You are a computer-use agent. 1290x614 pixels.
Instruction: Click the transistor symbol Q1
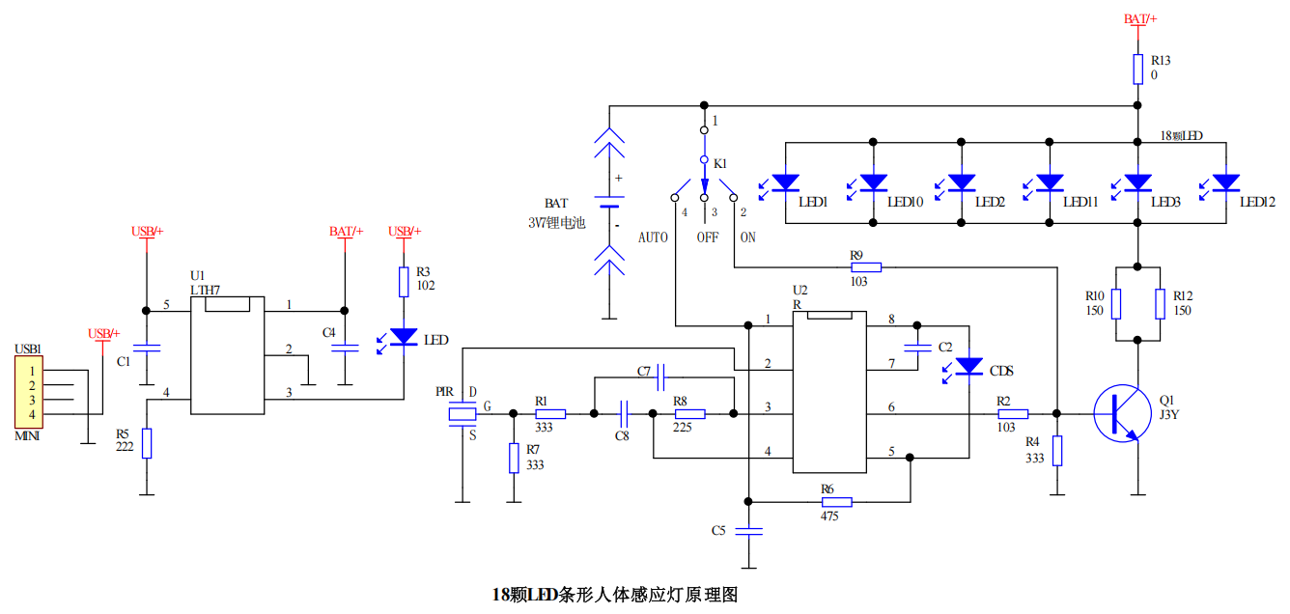point(1122,413)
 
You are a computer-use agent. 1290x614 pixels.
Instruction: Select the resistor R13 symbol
point(1138,70)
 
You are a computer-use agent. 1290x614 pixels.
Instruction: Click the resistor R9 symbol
point(866,267)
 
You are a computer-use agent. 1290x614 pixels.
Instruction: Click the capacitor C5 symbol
point(748,531)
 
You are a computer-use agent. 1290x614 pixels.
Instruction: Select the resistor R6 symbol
point(837,502)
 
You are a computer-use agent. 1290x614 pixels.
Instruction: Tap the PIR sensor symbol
point(463,414)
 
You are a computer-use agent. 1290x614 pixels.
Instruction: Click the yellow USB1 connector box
point(29,392)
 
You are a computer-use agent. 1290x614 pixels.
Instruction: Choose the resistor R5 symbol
point(147,443)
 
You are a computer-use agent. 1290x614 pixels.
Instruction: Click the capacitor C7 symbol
point(660,377)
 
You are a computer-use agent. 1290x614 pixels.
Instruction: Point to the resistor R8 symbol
point(690,413)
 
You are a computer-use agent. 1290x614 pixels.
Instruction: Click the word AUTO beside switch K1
point(653,237)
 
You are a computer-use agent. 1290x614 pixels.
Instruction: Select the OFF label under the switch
point(708,237)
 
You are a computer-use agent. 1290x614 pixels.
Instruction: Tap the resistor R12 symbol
point(1160,303)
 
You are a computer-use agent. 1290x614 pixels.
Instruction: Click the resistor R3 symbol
point(404,282)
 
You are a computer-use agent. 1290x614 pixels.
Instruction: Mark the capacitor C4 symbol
point(345,348)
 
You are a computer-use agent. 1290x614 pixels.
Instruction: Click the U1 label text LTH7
point(205,290)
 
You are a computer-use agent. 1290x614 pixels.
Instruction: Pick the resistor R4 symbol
point(1057,451)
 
